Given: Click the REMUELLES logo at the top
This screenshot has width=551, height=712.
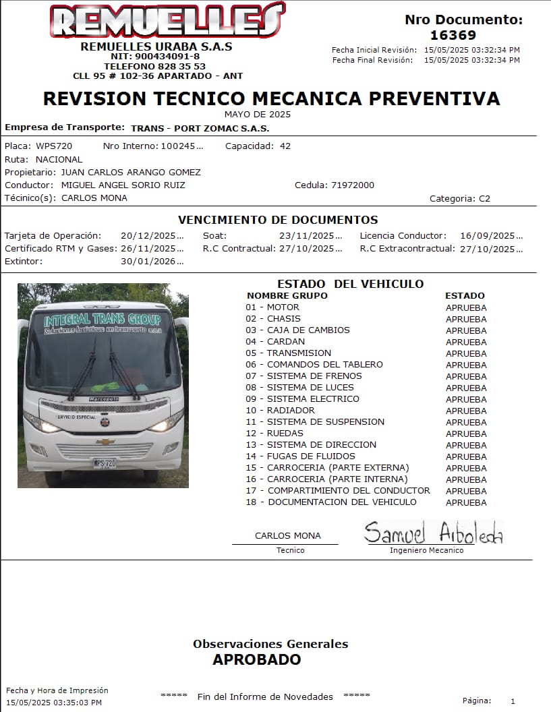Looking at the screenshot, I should point(166,21).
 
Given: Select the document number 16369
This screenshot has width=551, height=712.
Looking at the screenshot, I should point(453,35).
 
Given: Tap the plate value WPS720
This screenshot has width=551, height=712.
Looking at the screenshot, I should point(54,146).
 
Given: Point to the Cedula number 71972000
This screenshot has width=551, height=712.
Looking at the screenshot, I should point(353,185).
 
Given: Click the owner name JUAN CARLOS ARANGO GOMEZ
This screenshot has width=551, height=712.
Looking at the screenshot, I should point(131,172).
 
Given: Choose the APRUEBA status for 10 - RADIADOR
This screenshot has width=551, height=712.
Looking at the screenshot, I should point(466,411).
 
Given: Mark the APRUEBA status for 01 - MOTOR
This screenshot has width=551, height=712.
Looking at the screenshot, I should point(466,307).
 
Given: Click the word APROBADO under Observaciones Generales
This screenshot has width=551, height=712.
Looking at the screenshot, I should point(257,659).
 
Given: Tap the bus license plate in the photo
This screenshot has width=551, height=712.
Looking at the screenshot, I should point(105,463).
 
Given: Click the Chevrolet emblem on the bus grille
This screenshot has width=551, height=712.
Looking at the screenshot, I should point(105,442).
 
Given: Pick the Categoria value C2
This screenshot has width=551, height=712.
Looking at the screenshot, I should point(484,198).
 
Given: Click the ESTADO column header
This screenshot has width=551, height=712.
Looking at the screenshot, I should point(465,295).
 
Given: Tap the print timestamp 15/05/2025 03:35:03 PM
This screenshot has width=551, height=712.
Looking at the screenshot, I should point(54,703).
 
